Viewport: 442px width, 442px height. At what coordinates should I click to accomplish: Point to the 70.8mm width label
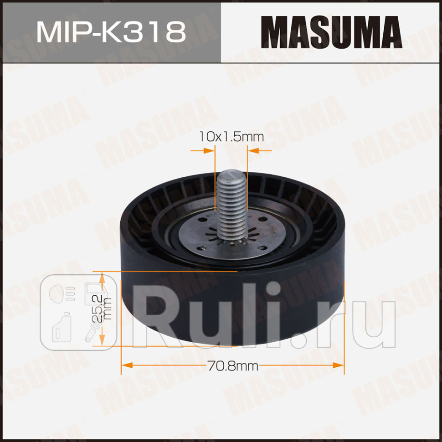[x=233, y=365]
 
